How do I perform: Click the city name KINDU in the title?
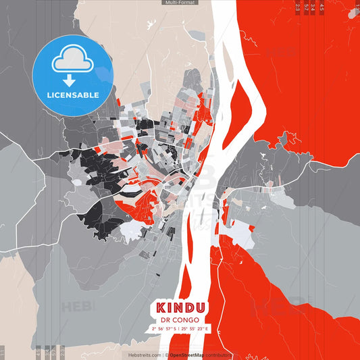[x=180, y=307]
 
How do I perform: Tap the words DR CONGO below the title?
[x=180, y=319]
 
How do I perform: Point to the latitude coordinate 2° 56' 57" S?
[x=163, y=328]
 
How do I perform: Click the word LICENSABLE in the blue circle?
[x=72, y=95]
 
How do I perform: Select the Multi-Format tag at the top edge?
[x=180, y=3]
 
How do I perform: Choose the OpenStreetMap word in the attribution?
[x=189, y=355]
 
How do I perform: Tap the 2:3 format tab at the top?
[x=298, y=7]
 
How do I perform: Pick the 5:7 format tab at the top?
[x=307, y=7]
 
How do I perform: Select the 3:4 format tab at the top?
[x=314, y=7]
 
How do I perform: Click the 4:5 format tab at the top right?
[x=322, y=7]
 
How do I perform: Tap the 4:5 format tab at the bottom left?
[x=38, y=353]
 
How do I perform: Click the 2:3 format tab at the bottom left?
[x=62, y=353]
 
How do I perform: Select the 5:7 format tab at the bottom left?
[x=54, y=353]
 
